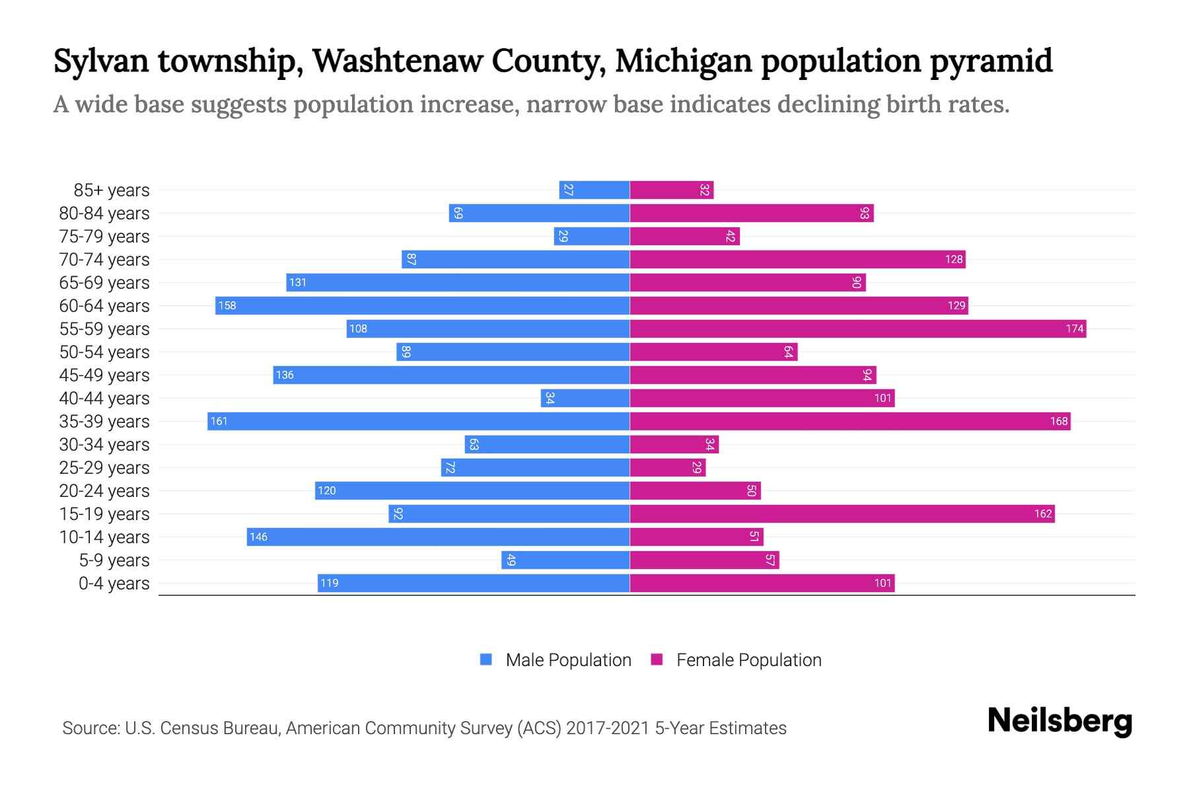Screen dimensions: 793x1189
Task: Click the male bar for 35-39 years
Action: pos(418,421)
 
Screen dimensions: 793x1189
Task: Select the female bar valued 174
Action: pos(857,328)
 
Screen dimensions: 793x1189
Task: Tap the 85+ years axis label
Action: pos(112,190)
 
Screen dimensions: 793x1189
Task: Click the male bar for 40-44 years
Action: pos(585,398)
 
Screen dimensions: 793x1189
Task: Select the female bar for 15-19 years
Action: pos(842,513)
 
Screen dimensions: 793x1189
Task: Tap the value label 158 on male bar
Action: pos(227,305)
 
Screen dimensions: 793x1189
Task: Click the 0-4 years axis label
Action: pos(114,584)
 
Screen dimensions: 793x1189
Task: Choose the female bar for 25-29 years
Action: pos(667,467)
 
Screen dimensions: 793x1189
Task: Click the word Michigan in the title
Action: pos(683,61)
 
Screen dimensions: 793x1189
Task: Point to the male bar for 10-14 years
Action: pos(438,537)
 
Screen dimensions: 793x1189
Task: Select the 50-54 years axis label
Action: pos(104,352)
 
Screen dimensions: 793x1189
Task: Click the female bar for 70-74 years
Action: pos(797,259)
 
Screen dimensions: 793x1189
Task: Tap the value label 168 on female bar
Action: pos(1059,421)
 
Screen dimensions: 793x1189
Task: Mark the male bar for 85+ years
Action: pos(594,190)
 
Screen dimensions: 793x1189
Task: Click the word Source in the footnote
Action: pos(90,728)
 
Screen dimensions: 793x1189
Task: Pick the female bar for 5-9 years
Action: pos(704,560)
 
